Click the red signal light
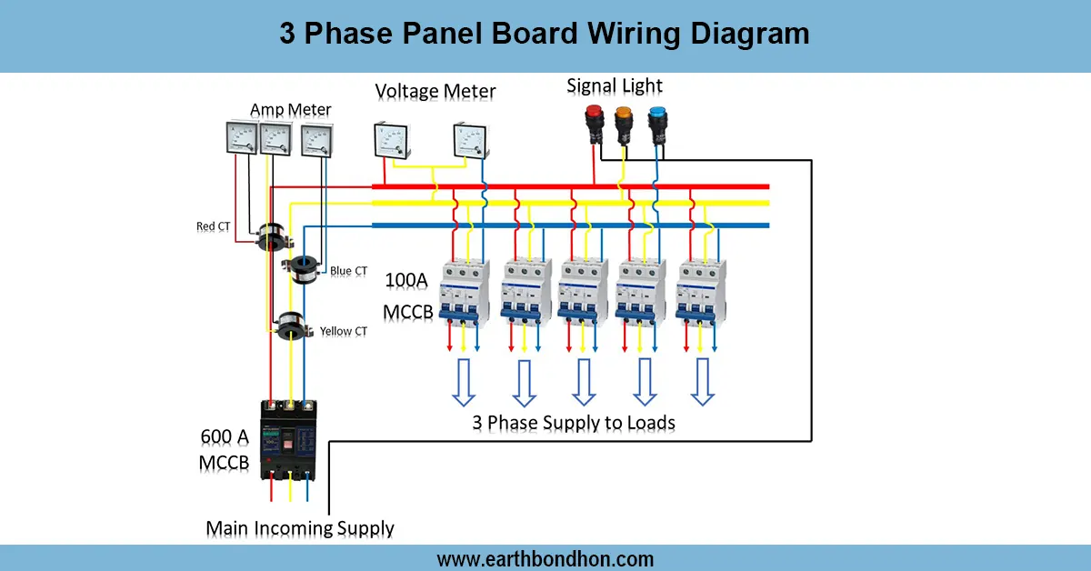(x=595, y=122)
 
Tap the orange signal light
(x=624, y=123)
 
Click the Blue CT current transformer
(x=304, y=265)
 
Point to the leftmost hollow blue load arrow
(x=464, y=382)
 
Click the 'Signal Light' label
(x=615, y=86)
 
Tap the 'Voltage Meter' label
(x=435, y=92)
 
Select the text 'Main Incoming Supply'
(x=300, y=528)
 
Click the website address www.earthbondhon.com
(x=545, y=558)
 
